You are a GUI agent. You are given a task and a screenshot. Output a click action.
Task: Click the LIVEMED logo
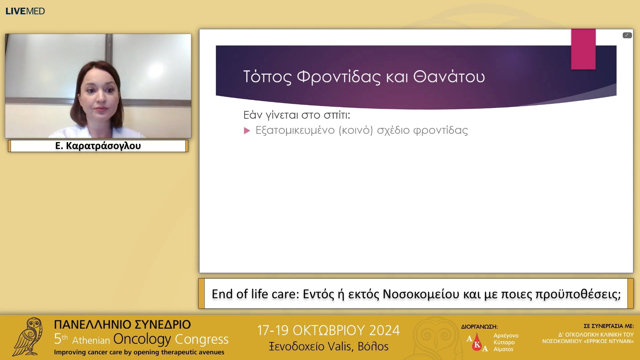click(25, 11)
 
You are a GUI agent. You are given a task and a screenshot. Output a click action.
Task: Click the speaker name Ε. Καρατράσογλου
click(98, 146)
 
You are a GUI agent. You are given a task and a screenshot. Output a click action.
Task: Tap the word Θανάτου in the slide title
click(449, 77)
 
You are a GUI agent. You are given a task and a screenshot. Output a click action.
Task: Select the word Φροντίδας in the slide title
click(338, 77)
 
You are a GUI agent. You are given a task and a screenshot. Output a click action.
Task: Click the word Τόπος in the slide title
click(267, 77)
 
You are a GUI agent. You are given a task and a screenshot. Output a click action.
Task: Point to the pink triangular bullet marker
click(247, 131)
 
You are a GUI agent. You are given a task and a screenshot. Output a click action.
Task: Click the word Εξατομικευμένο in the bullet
click(295, 130)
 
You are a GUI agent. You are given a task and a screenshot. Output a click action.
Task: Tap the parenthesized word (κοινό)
click(355, 130)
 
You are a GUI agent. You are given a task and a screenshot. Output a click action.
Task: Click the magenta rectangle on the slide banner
click(583, 49)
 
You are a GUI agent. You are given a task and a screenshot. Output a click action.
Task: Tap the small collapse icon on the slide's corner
click(627, 35)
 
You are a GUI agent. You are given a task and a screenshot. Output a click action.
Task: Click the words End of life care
click(255, 294)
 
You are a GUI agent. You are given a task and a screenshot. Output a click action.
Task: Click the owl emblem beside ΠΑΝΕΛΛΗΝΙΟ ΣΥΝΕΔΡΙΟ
click(28, 337)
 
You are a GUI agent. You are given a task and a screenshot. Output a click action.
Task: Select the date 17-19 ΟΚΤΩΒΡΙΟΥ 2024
click(328, 330)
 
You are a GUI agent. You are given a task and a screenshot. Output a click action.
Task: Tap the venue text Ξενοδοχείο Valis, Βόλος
click(328, 346)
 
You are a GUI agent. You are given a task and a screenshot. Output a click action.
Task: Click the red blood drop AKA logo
click(477, 342)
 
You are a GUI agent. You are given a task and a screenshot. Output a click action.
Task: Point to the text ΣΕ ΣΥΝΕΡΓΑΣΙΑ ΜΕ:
click(608, 326)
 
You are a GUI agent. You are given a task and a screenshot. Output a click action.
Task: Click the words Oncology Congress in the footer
click(171, 339)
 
